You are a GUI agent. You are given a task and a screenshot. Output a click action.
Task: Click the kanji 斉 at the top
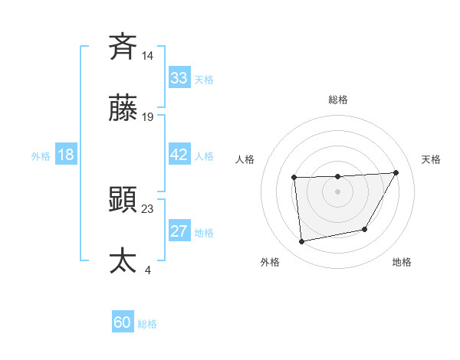(123, 47)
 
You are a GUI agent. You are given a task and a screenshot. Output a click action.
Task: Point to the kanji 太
(123, 260)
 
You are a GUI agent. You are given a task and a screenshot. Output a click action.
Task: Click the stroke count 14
(148, 55)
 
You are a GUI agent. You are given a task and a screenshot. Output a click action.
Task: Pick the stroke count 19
(148, 117)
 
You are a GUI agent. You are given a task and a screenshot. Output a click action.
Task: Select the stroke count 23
(148, 208)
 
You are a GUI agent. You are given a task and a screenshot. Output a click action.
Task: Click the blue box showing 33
(179, 78)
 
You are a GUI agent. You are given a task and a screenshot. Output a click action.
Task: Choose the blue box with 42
(179, 155)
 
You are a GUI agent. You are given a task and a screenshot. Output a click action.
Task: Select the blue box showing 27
(179, 231)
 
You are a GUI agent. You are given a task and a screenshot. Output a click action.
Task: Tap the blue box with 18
(65, 155)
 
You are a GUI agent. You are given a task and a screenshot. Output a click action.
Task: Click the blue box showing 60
(122, 322)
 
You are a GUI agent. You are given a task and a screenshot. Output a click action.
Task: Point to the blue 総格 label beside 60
(147, 324)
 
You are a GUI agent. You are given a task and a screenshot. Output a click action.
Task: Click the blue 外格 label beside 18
(41, 156)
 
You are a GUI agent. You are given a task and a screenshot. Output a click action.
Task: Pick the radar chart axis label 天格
(431, 159)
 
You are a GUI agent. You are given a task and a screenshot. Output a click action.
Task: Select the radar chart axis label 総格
(338, 100)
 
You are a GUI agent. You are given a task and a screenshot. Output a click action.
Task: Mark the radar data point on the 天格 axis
(396, 172)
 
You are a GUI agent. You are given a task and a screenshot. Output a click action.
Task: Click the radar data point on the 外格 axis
(302, 242)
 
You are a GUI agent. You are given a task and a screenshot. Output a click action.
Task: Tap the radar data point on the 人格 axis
(294, 178)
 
